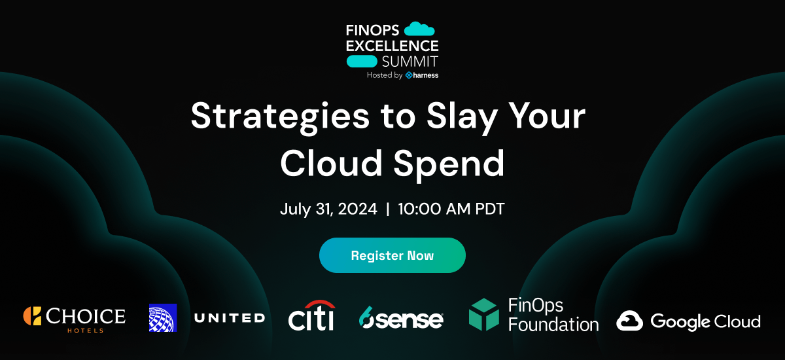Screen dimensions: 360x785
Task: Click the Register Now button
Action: pos(392,255)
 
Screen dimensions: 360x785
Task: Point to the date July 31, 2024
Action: pos(328,209)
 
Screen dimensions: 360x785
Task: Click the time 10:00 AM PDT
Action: pos(451,209)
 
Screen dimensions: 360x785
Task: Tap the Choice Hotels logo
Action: pos(74,317)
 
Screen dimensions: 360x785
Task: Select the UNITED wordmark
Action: pos(229,318)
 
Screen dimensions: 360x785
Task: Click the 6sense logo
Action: pos(401,319)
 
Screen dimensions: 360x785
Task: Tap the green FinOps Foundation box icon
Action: pos(483,315)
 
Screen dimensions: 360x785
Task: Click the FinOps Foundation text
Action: pos(553,315)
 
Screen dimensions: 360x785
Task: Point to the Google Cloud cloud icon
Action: pos(630,321)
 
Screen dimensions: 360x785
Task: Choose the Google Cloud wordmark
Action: pos(705,321)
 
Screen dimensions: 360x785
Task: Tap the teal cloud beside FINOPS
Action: pos(419,29)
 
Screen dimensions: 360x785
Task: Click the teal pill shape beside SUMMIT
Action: pos(361,62)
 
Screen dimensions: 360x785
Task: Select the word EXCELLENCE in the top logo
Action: pos(392,46)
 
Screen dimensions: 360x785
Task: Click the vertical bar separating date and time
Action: pos(388,209)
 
